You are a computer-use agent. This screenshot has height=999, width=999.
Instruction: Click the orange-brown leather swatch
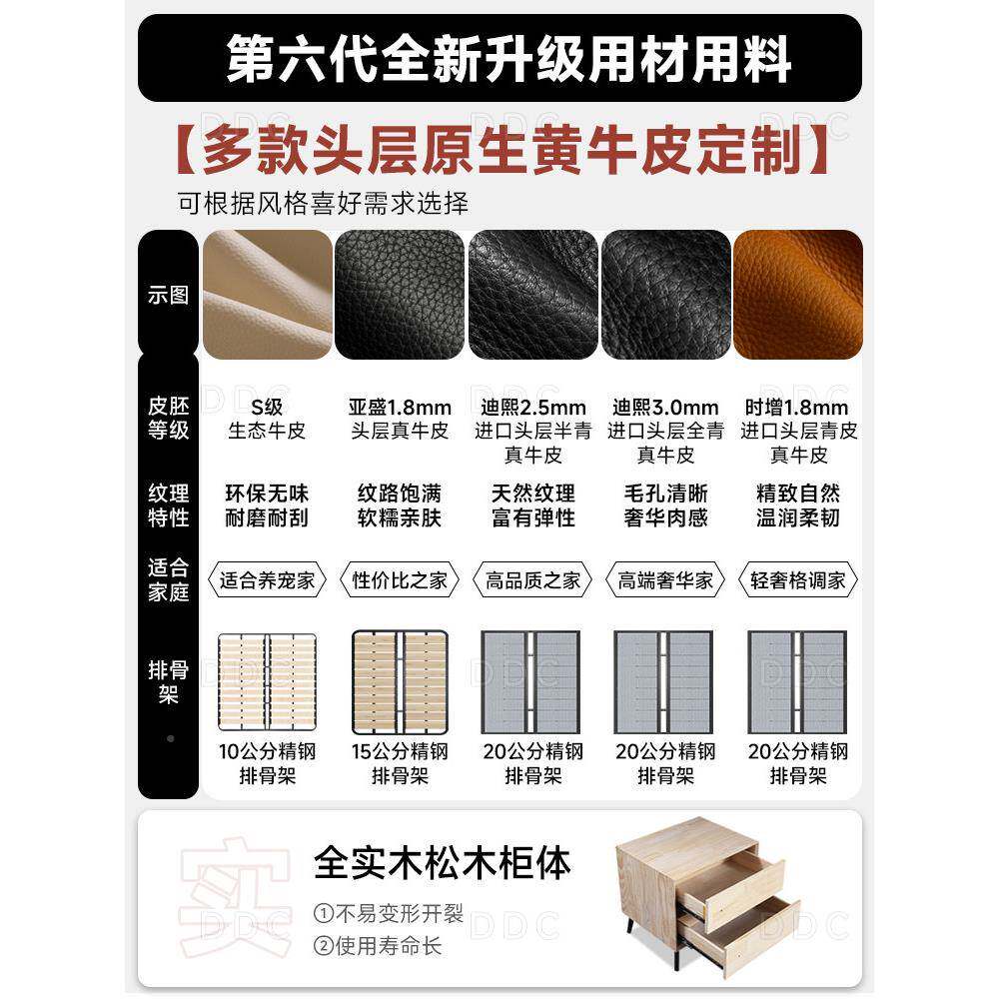coord(798,295)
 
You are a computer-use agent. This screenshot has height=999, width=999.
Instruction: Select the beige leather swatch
coord(267,295)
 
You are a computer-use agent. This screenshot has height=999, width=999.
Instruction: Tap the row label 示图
coord(168,296)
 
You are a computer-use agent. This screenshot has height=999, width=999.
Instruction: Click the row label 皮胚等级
coord(168,419)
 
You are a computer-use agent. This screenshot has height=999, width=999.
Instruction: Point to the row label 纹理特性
coord(168,504)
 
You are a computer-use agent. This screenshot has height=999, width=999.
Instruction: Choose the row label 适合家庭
coord(168,579)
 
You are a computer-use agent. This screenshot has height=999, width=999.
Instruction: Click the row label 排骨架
coord(168,681)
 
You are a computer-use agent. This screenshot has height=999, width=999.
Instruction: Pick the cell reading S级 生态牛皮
coord(267,419)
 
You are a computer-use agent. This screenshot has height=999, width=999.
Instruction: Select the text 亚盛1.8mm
coord(400,408)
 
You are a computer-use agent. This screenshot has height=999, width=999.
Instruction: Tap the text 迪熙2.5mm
coord(532,408)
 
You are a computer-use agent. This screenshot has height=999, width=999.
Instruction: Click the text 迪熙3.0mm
coord(665,408)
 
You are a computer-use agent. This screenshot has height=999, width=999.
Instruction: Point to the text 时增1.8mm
coord(797,408)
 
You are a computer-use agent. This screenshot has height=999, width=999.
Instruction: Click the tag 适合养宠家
coord(267,580)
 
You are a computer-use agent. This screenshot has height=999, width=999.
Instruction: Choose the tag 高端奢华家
coord(665,580)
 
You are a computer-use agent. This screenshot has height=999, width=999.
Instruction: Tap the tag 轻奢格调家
coord(797,580)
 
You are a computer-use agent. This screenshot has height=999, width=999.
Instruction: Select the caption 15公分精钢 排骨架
coord(400,763)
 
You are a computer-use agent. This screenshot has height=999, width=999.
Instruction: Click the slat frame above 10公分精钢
coord(267,681)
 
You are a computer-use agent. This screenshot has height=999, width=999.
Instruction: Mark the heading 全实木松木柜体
coord(443,863)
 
